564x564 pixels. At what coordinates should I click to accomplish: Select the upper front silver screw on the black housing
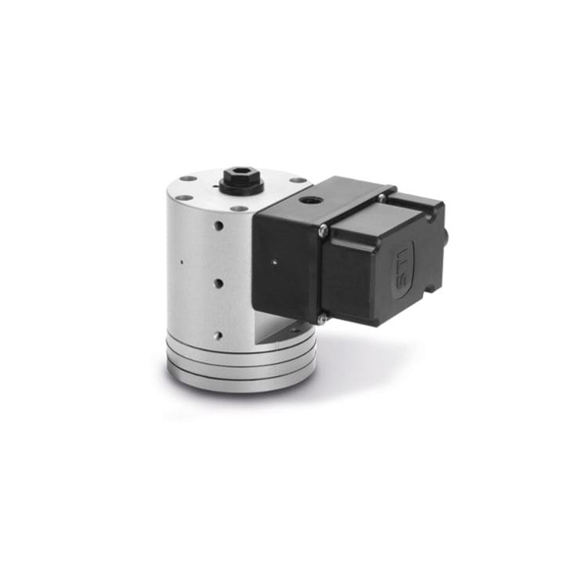(323, 230)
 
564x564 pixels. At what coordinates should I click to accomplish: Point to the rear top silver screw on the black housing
(381, 197)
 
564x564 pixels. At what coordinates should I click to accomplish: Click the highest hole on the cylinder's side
(219, 226)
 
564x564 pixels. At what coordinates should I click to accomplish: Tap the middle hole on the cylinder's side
(219, 283)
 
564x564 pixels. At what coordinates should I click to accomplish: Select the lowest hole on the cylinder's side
(218, 335)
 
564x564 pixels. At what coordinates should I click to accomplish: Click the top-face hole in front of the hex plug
(240, 208)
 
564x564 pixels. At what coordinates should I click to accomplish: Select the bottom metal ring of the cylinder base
(240, 381)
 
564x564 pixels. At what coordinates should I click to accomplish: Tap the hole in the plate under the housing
(294, 330)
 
